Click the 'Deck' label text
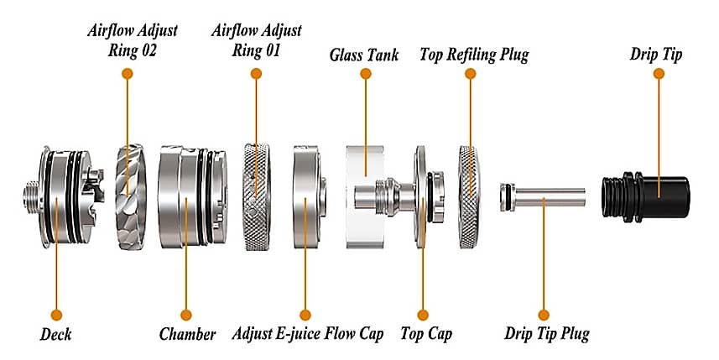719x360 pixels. click(x=55, y=335)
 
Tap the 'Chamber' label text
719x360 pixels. click(x=187, y=335)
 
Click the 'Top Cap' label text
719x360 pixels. click(x=425, y=335)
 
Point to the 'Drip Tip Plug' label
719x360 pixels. click(x=546, y=335)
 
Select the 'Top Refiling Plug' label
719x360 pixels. click(x=473, y=57)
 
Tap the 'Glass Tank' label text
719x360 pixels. click(x=366, y=57)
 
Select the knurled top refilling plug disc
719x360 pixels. click(x=471, y=197)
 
